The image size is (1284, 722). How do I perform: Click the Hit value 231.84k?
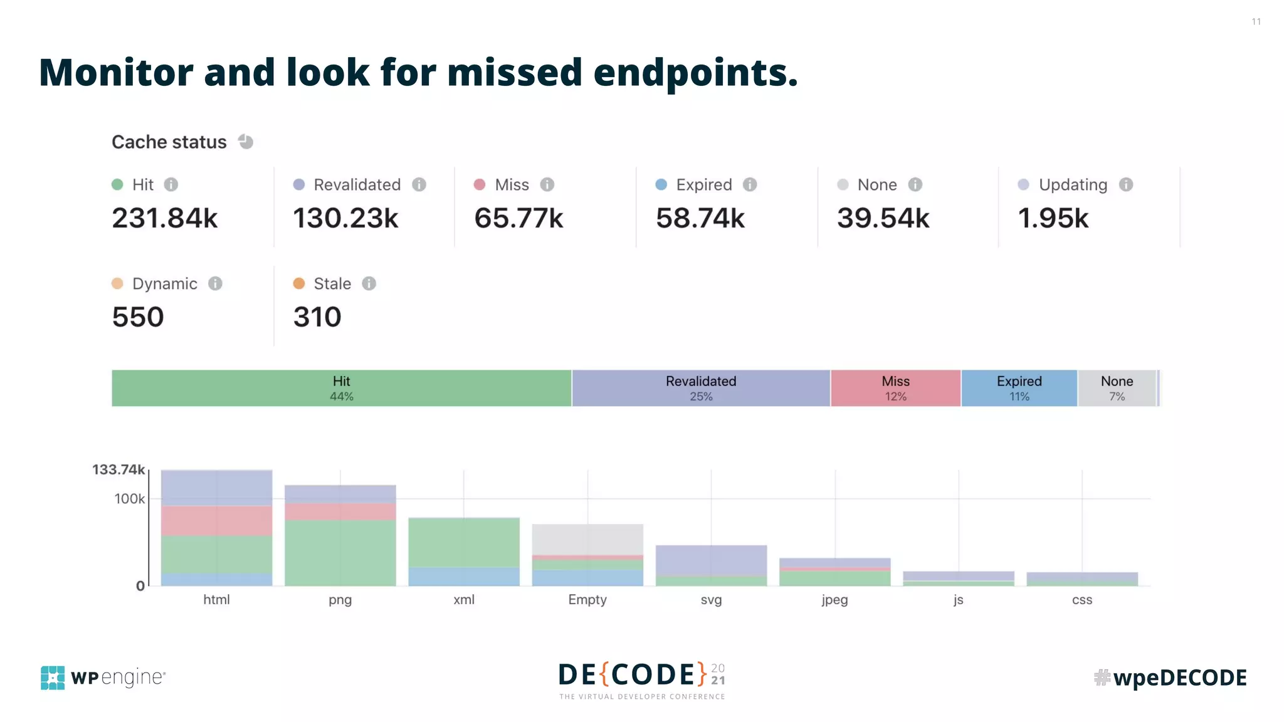pos(165,218)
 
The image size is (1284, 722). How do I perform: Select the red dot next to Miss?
pos(480,185)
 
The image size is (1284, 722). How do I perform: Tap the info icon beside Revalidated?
pos(419,185)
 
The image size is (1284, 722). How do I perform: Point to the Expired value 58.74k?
pos(700,218)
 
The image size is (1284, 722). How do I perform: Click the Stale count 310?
pos(317,317)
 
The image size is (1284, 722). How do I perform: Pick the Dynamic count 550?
pos(138,317)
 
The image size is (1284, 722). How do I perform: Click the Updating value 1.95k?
pos(1053,218)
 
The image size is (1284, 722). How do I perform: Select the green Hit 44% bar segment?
pos(342,388)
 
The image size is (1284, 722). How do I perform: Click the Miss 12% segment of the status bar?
pos(895,388)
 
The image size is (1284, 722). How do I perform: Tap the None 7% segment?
pos(1117,388)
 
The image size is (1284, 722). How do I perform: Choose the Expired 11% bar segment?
pos(1019,388)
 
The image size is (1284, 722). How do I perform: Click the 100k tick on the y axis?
pos(130,499)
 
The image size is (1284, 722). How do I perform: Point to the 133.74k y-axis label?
pos(118,469)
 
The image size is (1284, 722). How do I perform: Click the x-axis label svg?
pos(711,600)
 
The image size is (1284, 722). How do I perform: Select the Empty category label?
pos(587,600)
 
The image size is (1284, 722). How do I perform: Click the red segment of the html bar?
pos(216,520)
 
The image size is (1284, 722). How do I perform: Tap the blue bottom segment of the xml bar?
pos(464,577)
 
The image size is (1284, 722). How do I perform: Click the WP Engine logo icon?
pos(53,678)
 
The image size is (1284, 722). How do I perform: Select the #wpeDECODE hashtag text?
pos(1171,678)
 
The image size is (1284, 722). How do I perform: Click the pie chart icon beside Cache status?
pos(246,142)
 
